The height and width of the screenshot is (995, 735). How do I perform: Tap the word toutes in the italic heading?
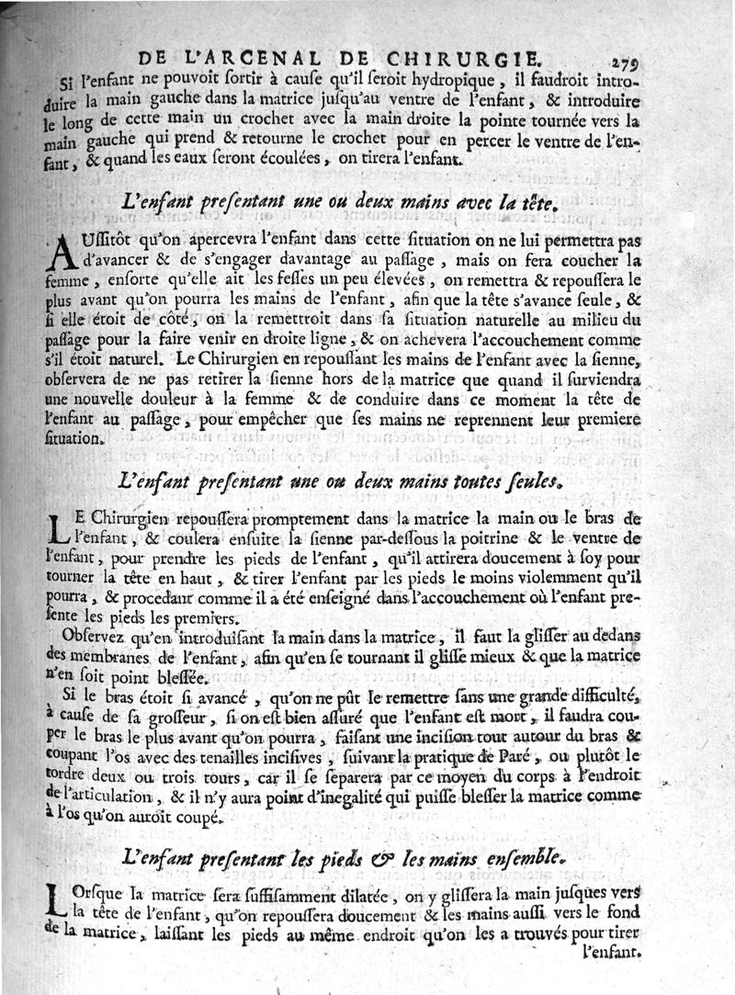(x=456, y=481)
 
